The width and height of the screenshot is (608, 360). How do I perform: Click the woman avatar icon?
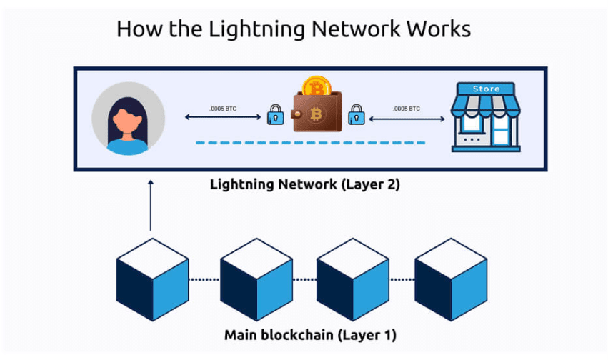(x=129, y=119)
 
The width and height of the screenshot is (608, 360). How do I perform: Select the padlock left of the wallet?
(x=275, y=115)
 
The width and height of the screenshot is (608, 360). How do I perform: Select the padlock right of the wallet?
(x=355, y=114)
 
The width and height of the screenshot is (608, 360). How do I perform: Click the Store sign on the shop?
(x=487, y=89)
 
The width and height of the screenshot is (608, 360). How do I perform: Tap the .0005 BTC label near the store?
(x=406, y=109)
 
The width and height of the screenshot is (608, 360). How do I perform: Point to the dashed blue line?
(x=311, y=143)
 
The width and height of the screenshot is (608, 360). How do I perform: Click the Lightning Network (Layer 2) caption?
(x=304, y=184)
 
